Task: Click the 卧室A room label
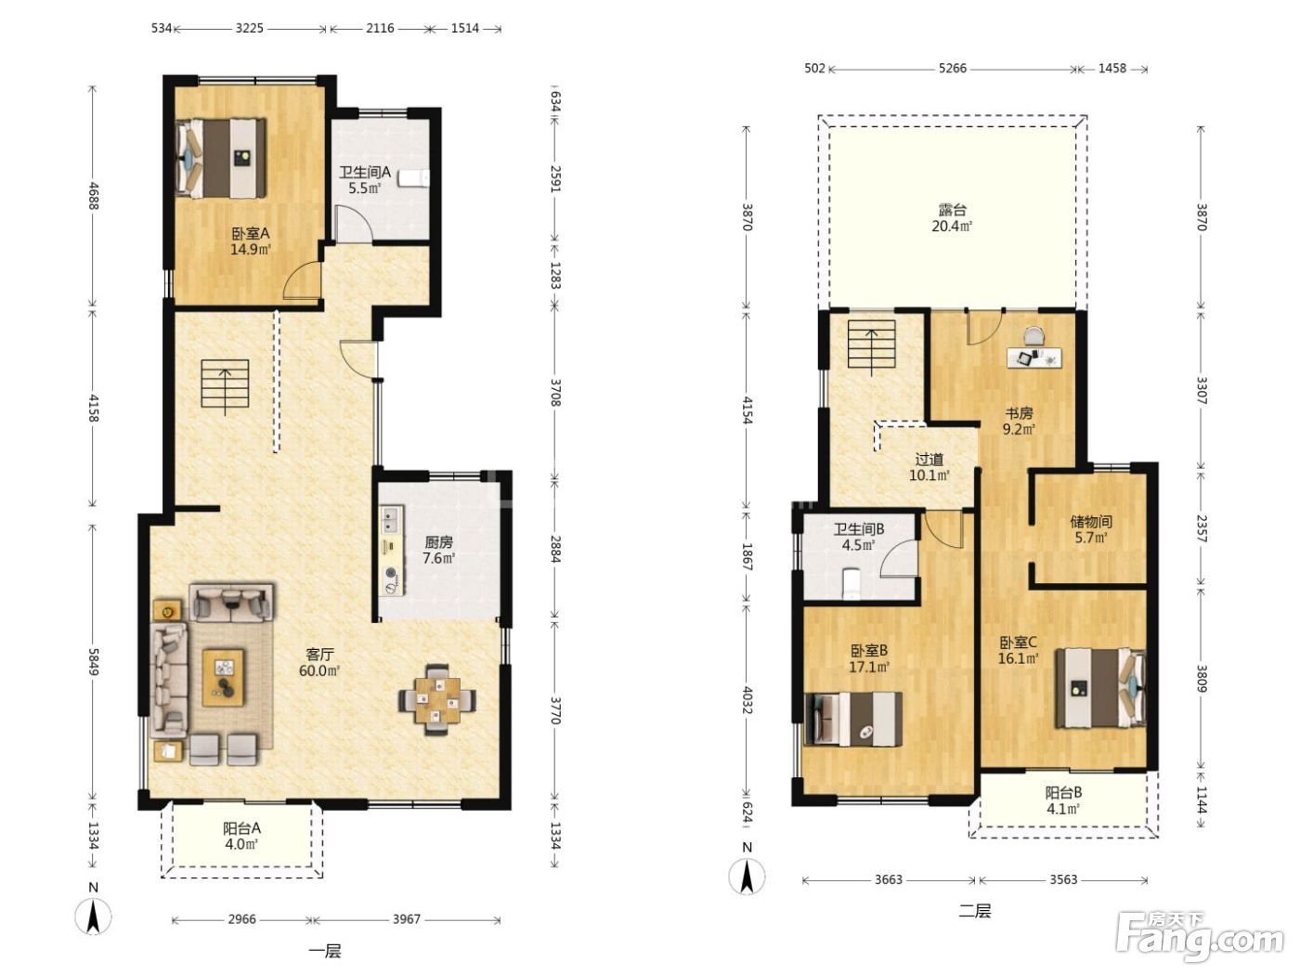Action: tap(251, 233)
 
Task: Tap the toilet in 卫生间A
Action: tap(413, 177)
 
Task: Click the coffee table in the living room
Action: tap(223, 678)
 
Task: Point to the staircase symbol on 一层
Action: tap(225, 384)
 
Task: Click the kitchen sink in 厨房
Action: tap(391, 519)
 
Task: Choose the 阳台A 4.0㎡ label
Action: tap(241, 836)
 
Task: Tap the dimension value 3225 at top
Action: tap(250, 29)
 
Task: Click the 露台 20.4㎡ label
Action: tap(953, 217)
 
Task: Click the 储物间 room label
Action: tap(1091, 522)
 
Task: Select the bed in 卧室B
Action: tap(853, 719)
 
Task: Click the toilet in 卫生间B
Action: tap(851, 582)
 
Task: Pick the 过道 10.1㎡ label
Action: tap(929, 467)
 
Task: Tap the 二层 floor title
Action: tap(975, 911)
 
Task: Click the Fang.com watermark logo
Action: tap(1200, 937)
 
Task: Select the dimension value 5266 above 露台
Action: tap(953, 69)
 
